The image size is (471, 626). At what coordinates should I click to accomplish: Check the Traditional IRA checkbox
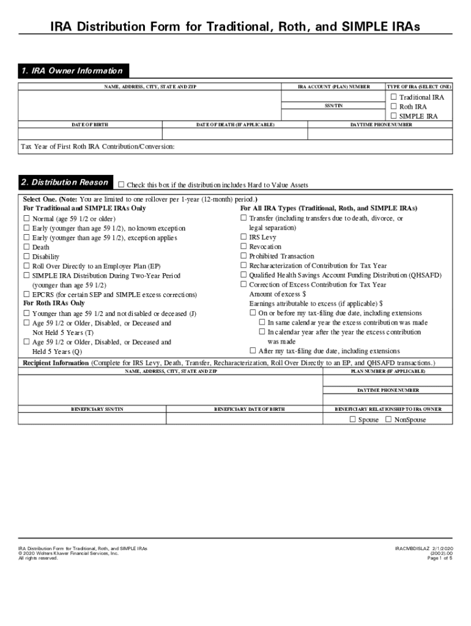[393, 97]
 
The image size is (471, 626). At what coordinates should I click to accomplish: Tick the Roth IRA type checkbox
[393, 106]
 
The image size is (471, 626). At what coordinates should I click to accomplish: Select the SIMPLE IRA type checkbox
[393, 116]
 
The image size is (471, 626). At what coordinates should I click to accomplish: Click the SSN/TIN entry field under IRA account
[333, 114]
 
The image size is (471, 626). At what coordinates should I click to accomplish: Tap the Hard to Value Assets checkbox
[121, 185]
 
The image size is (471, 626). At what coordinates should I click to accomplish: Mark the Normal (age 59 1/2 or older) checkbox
[26, 218]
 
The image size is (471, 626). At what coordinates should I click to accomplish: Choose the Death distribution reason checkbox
[26, 247]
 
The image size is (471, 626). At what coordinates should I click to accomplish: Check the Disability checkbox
[26, 257]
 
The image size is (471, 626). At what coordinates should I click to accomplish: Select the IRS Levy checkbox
[243, 237]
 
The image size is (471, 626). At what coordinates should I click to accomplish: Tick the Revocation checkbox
[243, 246]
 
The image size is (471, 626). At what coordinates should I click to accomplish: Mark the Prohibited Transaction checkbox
[243, 256]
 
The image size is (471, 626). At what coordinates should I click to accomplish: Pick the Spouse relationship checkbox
[352, 419]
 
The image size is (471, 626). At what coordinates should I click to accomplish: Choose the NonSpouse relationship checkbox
[388, 419]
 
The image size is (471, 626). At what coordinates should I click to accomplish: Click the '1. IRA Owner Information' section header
[72, 71]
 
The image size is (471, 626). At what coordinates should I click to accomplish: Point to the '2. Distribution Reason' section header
[64, 182]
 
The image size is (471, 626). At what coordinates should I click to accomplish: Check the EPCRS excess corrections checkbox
[26, 295]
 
